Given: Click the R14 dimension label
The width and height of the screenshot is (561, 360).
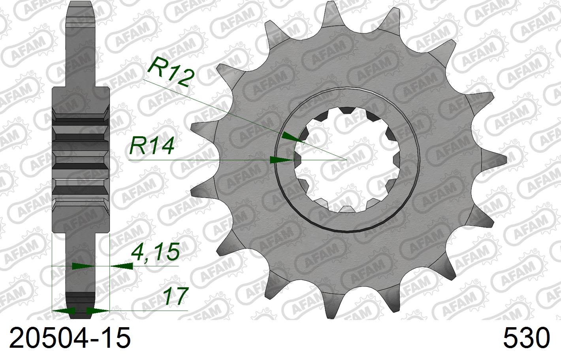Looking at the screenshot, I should pos(152,146).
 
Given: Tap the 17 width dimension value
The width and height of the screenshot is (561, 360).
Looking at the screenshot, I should pos(175,296).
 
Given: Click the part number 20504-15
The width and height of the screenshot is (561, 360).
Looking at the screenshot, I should pos(70,339).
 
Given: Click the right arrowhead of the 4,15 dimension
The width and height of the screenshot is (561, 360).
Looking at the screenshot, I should pos(121,266).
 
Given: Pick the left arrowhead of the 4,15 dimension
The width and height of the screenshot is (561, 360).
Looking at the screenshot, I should pos(83,266).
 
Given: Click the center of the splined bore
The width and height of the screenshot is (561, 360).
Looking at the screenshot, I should pos(346,160).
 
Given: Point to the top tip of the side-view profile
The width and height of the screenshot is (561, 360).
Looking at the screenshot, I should pos(81,4).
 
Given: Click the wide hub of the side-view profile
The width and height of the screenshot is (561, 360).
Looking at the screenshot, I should pos(81,158).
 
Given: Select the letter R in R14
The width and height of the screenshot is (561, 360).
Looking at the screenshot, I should pos(137,146).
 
